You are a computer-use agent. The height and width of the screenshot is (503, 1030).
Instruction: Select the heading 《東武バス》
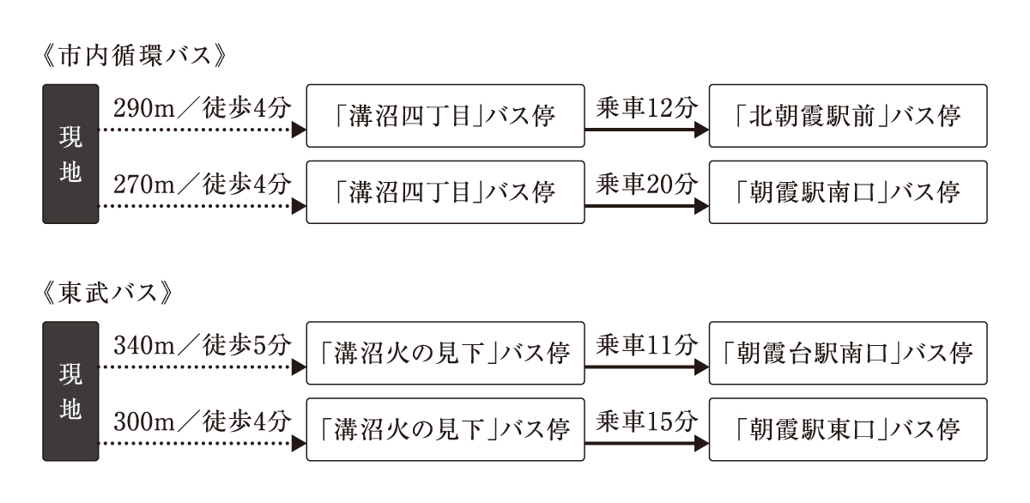point(106,294)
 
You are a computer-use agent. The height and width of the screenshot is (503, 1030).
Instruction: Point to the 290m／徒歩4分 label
point(203,108)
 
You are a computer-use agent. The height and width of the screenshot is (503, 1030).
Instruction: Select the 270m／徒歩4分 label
point(203,185)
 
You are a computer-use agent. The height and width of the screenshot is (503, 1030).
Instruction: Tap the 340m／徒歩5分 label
point(203,345)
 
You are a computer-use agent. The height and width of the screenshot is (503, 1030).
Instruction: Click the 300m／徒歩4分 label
point(203,421)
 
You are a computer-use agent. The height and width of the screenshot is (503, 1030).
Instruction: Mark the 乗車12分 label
point(646,108)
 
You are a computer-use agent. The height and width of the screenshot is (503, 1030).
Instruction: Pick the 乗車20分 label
point(646,185)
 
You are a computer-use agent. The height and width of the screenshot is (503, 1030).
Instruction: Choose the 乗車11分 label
point(646,345)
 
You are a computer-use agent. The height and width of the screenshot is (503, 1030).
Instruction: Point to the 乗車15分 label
point(646,421)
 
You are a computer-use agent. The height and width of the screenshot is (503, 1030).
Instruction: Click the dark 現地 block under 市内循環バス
point(70,154)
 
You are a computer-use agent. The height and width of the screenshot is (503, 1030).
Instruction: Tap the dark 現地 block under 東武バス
point(70,391)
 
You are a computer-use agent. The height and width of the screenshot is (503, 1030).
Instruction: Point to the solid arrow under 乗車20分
point(646,207)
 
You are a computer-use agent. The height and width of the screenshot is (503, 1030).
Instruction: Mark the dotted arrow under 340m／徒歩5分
point(203,367)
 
